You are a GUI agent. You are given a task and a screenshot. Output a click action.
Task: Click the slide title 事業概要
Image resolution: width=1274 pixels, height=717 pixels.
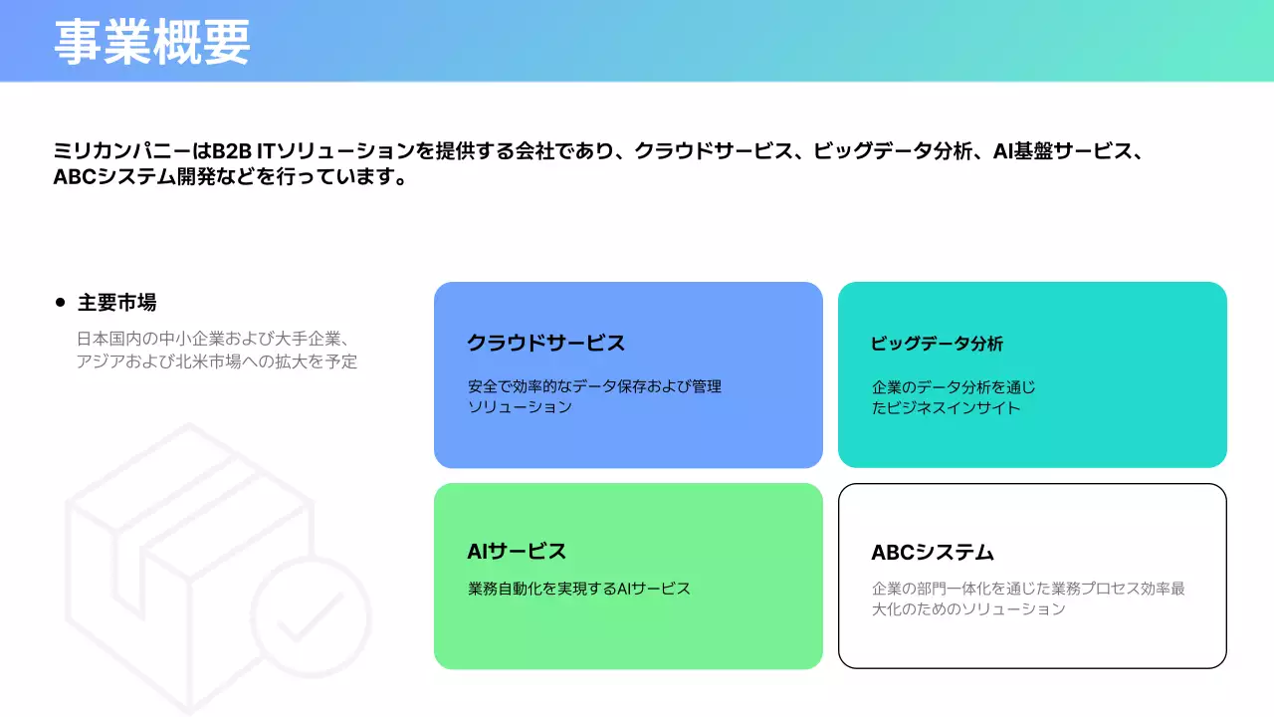(x=151, y=43)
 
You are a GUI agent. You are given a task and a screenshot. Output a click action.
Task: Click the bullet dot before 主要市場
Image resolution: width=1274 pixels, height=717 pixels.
(x=60, y=302)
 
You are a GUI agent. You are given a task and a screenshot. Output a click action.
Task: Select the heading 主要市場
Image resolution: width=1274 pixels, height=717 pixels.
(x=116, y=302)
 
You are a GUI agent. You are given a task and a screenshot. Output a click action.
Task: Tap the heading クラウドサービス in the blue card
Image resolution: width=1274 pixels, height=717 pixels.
(x=545, y=344)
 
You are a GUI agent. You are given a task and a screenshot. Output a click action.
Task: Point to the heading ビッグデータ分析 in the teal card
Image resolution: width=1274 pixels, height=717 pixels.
(x=937, y=344)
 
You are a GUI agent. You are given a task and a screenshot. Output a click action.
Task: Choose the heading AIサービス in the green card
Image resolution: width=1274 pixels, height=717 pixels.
(x=517, y=551)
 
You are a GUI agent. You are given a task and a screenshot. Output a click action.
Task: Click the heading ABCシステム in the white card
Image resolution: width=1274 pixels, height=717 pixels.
(x=933, y=552)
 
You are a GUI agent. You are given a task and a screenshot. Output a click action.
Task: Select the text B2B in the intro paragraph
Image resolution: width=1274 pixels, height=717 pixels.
(x=232, y=152)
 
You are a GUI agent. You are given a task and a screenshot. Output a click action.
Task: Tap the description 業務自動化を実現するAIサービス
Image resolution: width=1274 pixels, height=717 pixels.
(x=578, y=589)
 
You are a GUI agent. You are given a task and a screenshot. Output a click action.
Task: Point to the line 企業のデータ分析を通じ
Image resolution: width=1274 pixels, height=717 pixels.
(x=954, y=387)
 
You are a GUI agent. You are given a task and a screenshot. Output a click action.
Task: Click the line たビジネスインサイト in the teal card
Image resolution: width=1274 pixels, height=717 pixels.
(x=946, y=407)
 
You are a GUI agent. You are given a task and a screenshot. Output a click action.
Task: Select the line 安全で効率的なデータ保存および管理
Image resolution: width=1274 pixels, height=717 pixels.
(x=594, y=386)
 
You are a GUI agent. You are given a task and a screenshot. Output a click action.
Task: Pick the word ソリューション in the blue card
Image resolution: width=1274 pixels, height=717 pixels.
(x=520, y=406)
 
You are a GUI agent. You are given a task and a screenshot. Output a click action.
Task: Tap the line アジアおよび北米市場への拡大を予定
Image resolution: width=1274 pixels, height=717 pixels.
(x=216, y=361)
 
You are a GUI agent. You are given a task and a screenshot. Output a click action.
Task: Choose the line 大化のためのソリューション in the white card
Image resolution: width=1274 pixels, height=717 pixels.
(x=967, y=608)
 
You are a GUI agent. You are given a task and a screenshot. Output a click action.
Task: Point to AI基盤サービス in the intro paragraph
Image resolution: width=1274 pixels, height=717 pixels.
(x=1062, y=152)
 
